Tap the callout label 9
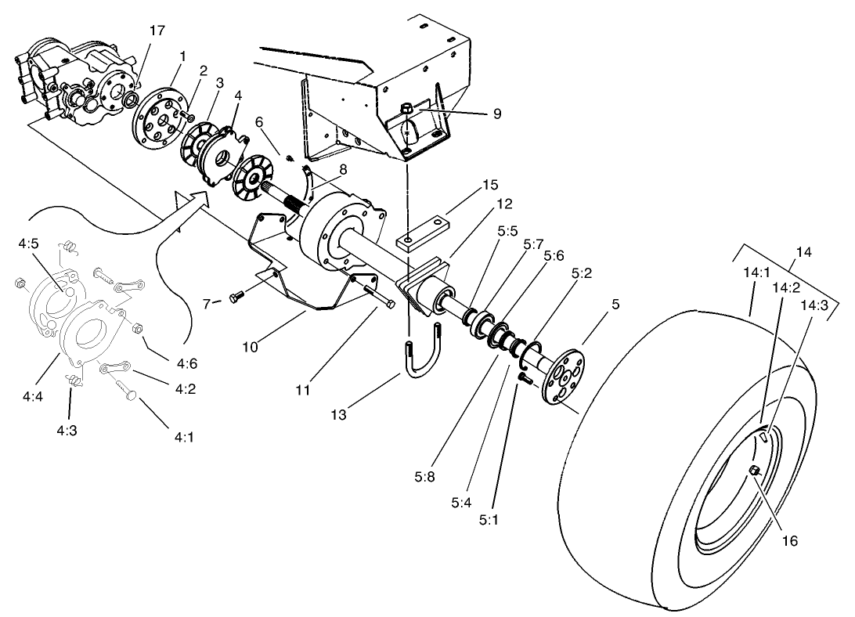[497, 114]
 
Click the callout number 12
[504, 203]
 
